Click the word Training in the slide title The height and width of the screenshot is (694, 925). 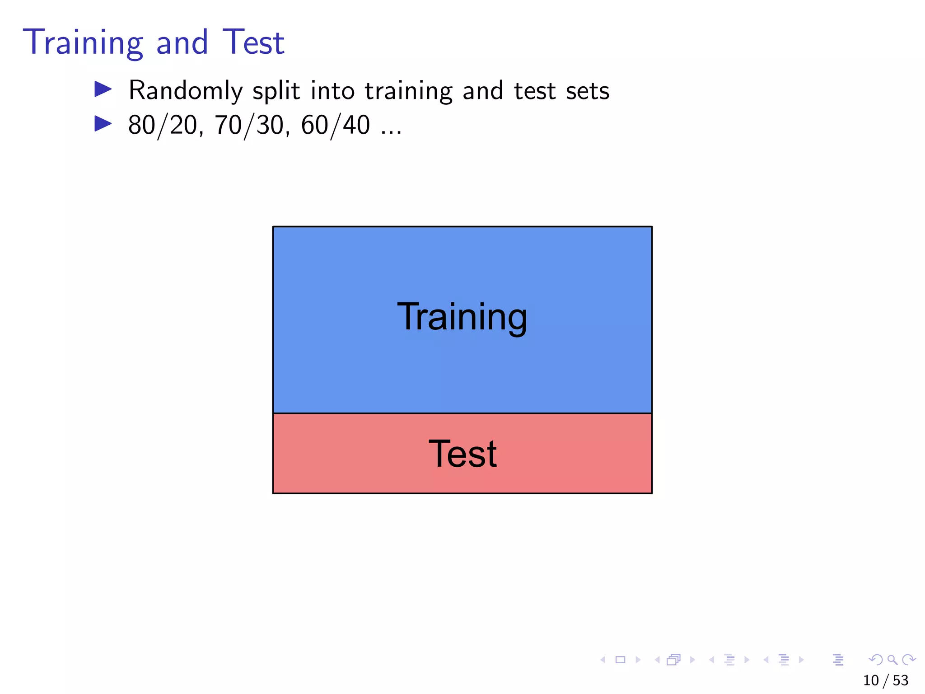pyautogui.click(x=83, y=42)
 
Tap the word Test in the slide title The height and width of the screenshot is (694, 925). pyautogui.click(x=253, y=42)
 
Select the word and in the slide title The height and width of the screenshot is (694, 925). pyautogui.click(x=182, y=42)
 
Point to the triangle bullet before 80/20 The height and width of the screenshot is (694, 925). pyautogui.click(x=103, y=123)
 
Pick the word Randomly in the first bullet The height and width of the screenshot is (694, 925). pyautogui.click(x=186, y=91)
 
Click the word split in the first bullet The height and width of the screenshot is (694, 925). pyautogui.click(x=276, y=91)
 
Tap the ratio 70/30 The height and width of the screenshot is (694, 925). pyautogui.click(x=249, y=125)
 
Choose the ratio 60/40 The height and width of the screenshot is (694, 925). pyautogui.click(x=336, y=125)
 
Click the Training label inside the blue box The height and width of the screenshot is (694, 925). pyautogui.click(x=462, y=317)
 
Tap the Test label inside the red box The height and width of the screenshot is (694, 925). pyautogui.click(x=462, y=454)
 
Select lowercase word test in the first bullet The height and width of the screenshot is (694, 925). pyautogui.click(x=535, y=91)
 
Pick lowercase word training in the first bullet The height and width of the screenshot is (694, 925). pyautogui.click(x=408, y=91)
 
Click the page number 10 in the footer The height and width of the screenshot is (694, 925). pyautogui.click(x=871, y=680)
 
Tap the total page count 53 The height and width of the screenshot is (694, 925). pyautogui.click(x=901, y=680)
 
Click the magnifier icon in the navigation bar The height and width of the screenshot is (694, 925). pyautogui.click(x=892, y=660)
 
